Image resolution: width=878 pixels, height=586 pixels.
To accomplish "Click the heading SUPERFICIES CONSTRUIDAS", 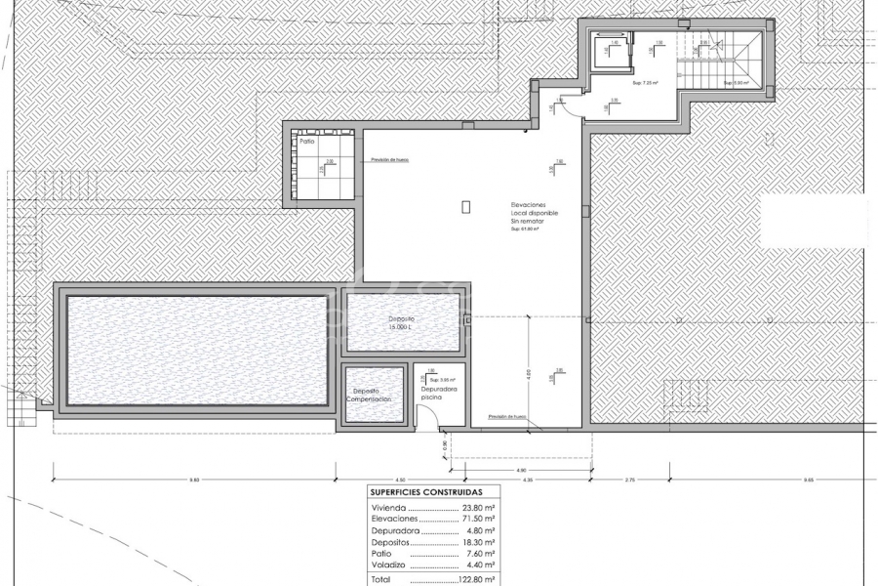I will pyautogui.click(x=432, y=493).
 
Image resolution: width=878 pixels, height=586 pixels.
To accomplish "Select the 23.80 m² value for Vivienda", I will pyautogui.click(x=479, y=509).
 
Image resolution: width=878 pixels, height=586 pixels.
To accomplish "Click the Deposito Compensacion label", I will pyautogui.click(x=372, y=395).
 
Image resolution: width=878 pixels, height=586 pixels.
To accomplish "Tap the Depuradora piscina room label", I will pyautogui.click(x=433, y=395).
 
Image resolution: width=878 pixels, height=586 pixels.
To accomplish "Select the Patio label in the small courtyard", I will pyautogui.click(x=307, y=142).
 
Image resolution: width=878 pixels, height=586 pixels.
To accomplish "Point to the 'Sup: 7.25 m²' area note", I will pyautogui.click(x=646, y=84).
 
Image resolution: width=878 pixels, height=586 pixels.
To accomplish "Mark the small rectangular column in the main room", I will pyautogui.click(x=465, y=206).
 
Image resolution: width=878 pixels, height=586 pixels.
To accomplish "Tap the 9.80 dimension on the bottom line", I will pyautogui.click(x=194, y=480).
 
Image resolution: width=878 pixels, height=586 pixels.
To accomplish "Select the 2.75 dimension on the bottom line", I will pyautogui.click(x=630, y=480).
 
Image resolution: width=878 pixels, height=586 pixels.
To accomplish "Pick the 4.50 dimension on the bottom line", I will pyautogui.click(x=401, y=480).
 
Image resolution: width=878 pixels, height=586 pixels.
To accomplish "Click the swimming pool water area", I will pyautogui.click(x=195, y=349).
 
